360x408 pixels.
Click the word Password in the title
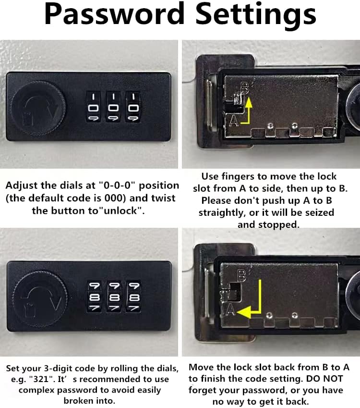point(114,14)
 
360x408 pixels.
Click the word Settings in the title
point(255,14)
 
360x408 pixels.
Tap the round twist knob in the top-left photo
point(39,108)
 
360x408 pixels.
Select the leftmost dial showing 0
point(93,107)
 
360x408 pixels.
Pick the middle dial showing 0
point(113,107)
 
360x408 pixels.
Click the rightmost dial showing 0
point(133,107)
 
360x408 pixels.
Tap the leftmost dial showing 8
point(94,297)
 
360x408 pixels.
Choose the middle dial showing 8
point(114,297)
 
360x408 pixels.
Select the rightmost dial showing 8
point(133,297)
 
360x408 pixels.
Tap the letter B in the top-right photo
point(245,88)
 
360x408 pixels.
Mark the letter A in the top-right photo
point(234,121)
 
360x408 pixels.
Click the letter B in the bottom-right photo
point(242,275)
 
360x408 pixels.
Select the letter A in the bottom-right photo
point(230,309)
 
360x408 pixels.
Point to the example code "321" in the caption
point(42,379)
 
